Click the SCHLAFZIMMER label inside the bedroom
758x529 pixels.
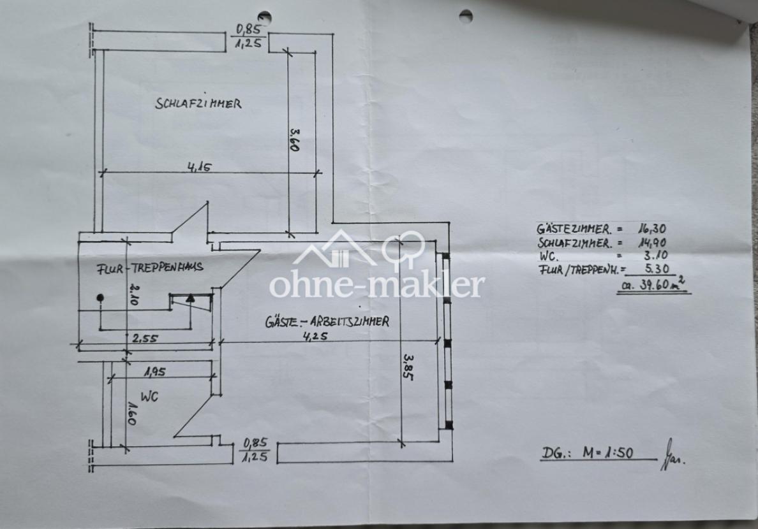coord(198,103)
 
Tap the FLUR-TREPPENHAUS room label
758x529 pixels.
coord(150,268)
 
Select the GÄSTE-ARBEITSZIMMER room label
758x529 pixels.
coord(327,321)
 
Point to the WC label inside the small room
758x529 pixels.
coord(149,396)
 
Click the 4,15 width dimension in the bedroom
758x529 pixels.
coord(200,167)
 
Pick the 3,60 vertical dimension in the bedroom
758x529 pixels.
coord(294,140)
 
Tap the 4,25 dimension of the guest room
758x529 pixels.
coord(315,336)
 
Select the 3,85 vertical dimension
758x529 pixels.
coord(408,368)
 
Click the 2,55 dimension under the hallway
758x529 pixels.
coord(145,338)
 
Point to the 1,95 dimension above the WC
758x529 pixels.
coord(155,372)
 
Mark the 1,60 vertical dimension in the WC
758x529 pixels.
coord(131,413)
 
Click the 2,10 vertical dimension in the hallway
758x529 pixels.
coord(134,294)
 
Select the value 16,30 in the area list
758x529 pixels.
coord(651,229)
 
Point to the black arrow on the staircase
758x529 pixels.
coord(191,298)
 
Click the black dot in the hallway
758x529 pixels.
coord(100,298)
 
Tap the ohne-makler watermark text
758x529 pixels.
coord(376,285)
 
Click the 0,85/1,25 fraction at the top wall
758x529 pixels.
coord(248,36)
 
